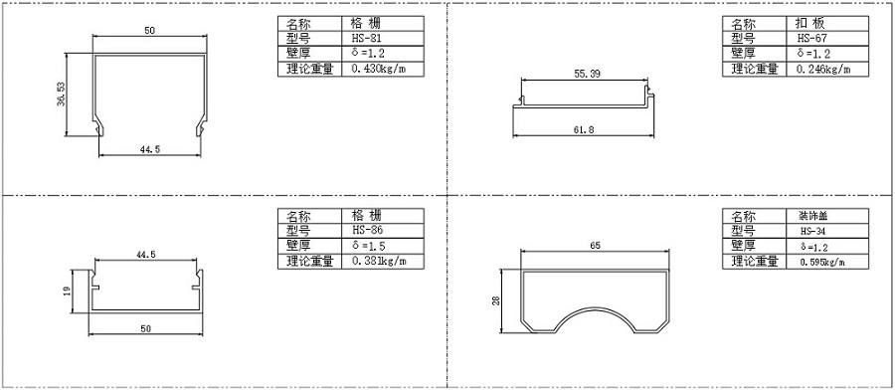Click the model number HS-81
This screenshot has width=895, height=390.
coord(366,39)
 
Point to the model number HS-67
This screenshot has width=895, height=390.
coord(812,39)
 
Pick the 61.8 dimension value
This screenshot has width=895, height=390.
coord(584,129)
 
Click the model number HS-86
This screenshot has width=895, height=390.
coord(367,230)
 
